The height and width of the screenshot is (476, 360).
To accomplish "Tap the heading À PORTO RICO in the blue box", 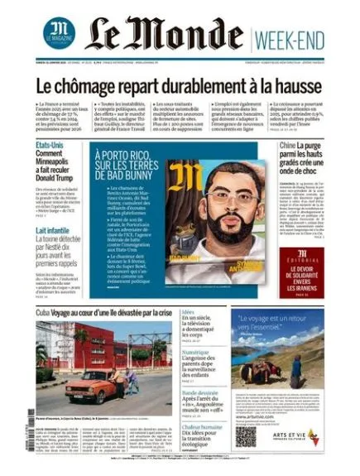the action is pos(122,156).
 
